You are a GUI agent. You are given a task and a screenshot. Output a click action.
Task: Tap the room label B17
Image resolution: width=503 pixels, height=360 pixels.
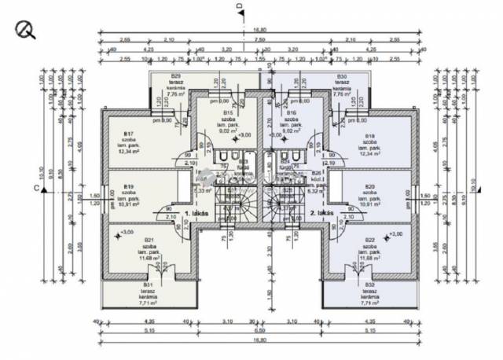coord(127,134)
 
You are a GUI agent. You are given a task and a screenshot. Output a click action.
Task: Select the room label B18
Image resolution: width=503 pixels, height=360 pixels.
coord(369,135)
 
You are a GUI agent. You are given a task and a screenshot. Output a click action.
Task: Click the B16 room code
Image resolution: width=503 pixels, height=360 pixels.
coord(291,113)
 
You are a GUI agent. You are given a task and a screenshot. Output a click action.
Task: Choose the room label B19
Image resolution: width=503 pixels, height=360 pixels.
coord(127,186)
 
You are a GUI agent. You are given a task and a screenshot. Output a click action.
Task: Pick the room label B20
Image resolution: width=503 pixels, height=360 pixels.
coord(369,186)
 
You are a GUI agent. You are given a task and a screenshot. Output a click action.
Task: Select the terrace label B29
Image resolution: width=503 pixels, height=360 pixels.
coord(176,76)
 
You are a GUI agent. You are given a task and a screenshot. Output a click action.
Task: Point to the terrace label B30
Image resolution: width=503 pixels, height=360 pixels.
coord(341,76)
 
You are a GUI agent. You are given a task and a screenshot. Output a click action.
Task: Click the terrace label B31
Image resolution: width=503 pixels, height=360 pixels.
coord(148,285)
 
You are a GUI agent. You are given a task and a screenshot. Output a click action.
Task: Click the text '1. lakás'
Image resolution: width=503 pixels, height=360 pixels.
coord(195,213)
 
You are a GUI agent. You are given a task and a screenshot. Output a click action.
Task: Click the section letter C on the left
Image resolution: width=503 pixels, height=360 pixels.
coord(36,187)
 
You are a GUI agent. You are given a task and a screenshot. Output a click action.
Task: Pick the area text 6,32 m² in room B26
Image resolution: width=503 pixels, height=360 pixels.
coord(316,190)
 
